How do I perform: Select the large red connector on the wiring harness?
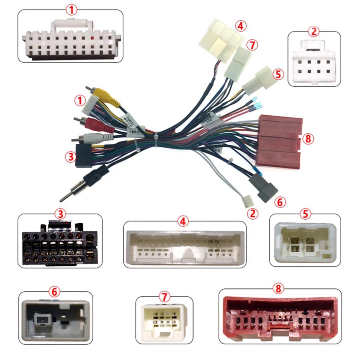coord(280,140)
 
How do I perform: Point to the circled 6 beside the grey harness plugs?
coord(280,202)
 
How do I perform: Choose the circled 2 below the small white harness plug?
coord(252,214)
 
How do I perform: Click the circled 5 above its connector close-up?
coord(306,214)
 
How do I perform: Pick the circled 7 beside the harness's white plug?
coord(251,45)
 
